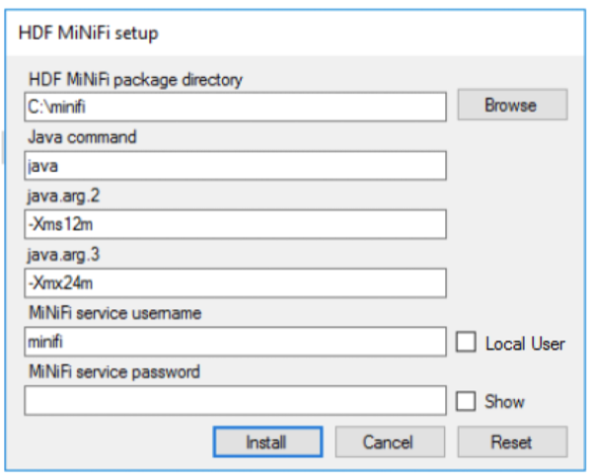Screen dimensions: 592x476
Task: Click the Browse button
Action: coord(512,105)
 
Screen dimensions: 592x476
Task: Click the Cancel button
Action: coord(390,441)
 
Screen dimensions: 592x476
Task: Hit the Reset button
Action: coord(512,441)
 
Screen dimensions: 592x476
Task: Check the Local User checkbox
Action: coord(466,342)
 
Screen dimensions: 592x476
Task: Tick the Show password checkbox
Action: coord(466,401)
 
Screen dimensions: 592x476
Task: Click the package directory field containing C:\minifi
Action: coord(235,107)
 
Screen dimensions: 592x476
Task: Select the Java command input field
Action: coord(235,166)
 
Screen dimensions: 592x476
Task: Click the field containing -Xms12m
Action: coord(235,224)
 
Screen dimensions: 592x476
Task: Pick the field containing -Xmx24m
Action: coord(235,283)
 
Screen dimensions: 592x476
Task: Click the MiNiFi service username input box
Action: coord(235,342)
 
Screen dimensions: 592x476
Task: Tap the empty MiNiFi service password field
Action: coord(235,400)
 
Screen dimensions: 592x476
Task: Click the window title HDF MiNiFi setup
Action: coord(89,34)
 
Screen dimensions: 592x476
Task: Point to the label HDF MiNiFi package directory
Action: coord(135,80)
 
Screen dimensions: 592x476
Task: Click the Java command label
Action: coord(82,136)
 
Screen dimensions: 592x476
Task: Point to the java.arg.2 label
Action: coord(63,197)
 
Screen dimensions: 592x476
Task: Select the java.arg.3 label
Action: coord(63,255)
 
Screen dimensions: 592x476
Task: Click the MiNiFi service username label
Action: coord(115,313)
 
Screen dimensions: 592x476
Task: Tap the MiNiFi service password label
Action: coord(114,372)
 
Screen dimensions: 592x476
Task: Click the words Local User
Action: coord(525,344)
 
